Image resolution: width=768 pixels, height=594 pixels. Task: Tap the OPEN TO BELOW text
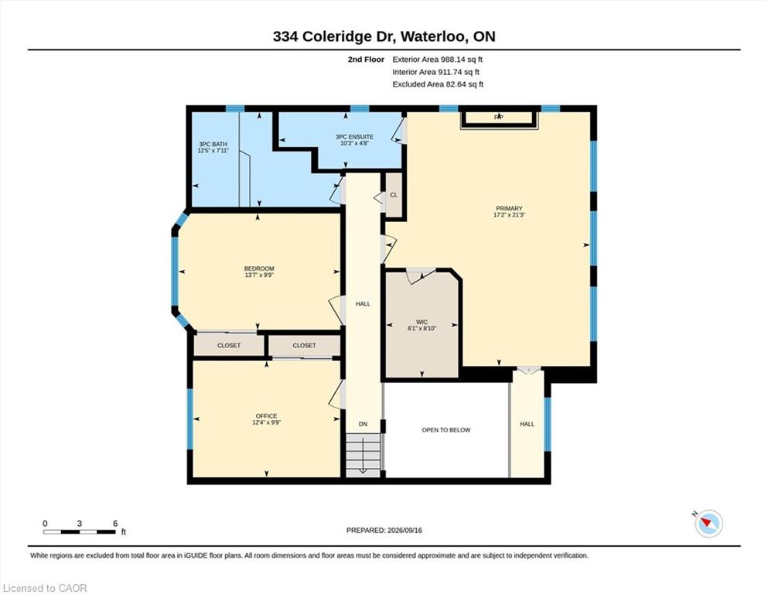coord(446,430)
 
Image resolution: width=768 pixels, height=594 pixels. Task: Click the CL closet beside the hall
coord(394,195)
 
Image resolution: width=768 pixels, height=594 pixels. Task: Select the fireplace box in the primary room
coord(499,119)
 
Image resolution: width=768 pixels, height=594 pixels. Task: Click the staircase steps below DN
coord(363,456)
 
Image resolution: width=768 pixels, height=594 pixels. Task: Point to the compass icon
coord(708,524)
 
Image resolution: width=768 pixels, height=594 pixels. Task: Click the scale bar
coord(80,532)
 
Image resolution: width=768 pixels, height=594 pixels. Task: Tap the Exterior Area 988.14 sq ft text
coord(438,60)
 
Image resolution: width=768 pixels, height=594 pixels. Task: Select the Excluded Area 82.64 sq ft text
coord(438,84)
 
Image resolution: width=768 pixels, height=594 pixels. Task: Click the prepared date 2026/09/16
coord(404,530)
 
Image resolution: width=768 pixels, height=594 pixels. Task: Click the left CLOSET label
coord(229,345)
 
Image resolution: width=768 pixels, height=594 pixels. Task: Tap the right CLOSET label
coord(304,345)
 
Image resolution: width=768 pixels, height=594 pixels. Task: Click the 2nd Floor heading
coord(366,60)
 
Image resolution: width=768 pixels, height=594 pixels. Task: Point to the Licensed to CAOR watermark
coord(45,588)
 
